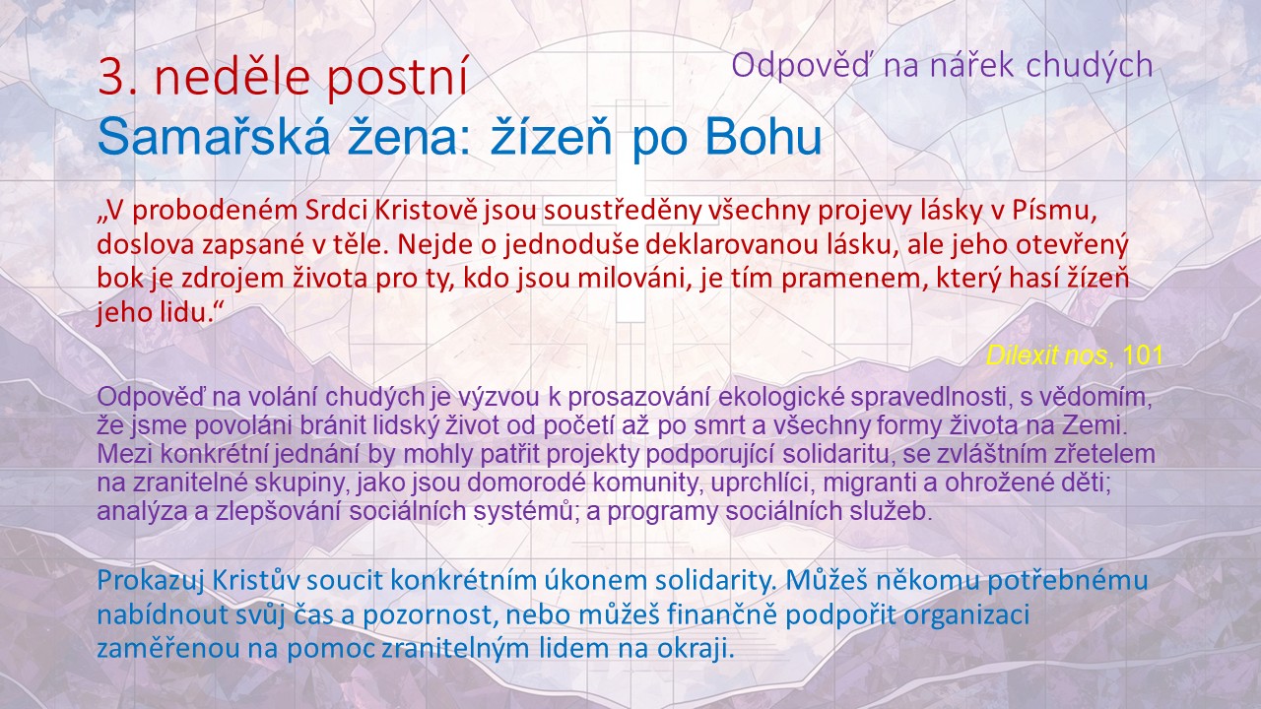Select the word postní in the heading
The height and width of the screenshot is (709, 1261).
click(397, 80)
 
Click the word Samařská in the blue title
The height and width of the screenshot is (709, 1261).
click(214, 137)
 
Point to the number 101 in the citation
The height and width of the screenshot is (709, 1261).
click(1143, 355)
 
